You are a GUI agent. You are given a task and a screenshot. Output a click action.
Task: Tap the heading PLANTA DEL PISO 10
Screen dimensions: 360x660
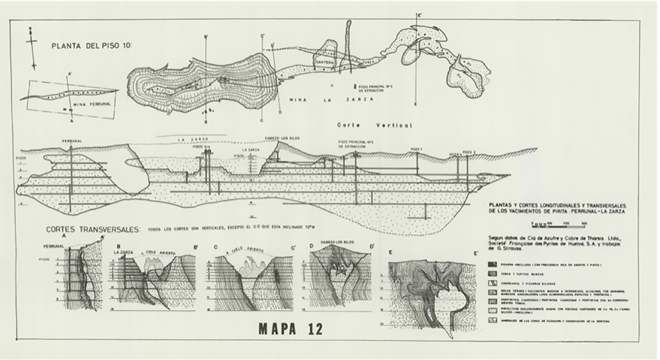(x=91, y=46)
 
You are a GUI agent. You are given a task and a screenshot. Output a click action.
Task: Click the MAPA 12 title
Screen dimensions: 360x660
(x=290, y=329)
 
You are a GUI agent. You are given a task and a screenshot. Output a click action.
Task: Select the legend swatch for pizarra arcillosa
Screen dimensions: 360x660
(x=493, y=264)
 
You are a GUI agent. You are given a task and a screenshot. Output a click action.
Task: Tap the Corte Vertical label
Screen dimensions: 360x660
(x=374, y=125)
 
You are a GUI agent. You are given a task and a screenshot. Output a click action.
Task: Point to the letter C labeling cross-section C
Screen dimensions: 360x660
(x=216, y=247)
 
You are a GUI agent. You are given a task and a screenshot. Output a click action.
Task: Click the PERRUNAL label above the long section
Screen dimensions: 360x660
(x=72, y=141)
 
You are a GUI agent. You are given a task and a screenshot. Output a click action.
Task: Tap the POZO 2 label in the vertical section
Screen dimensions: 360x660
(x=469, y=152)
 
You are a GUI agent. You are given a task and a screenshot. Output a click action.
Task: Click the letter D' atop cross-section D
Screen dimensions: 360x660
(x=372, y=246)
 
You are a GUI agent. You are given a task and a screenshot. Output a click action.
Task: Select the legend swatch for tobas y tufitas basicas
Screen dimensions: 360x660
(x=493, y=274)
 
